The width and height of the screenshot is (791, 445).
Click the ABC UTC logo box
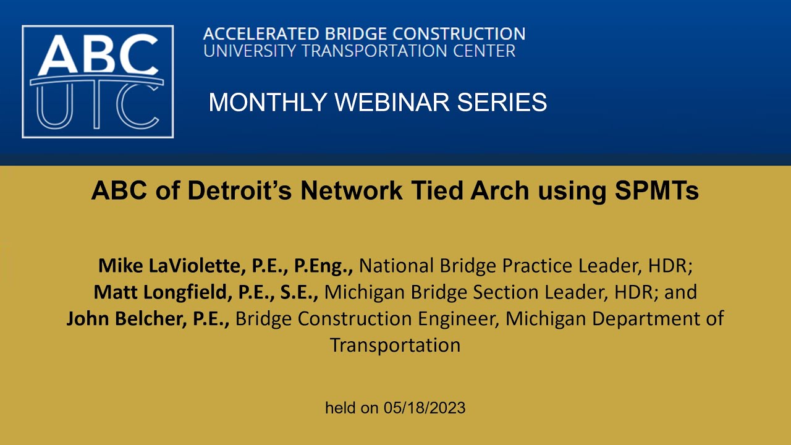pos(98,81)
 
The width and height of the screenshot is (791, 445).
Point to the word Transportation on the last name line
pos(395,345)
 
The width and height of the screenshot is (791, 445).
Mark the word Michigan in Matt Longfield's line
pos(365,292)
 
